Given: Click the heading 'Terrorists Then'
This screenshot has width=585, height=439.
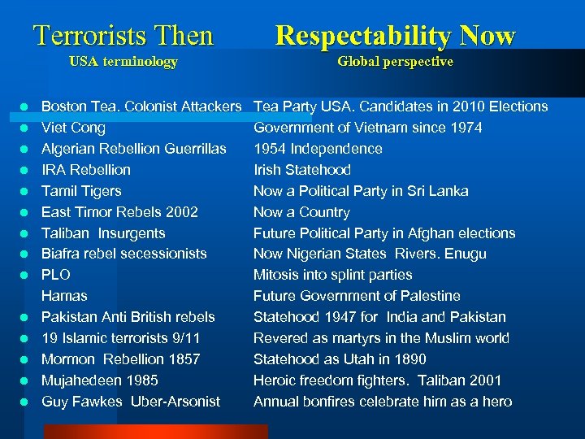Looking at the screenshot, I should point(123,36).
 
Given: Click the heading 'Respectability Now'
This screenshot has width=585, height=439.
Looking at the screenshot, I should point(395,36).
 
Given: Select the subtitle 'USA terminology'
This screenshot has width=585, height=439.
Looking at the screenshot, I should point(123,62).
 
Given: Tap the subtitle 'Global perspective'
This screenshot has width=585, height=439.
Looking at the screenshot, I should point(395,62).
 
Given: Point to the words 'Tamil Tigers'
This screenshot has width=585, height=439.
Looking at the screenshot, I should point(81,191).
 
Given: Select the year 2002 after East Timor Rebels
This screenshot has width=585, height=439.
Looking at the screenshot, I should point(180,212).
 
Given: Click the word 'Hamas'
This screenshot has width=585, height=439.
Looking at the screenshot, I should point(64,296).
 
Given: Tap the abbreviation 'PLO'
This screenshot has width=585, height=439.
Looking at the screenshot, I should point(56,275).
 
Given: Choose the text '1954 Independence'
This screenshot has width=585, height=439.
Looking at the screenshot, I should point(318,149).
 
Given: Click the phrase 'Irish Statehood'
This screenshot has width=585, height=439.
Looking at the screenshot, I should point(302,170).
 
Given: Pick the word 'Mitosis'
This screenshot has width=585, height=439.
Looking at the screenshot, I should point(276,275).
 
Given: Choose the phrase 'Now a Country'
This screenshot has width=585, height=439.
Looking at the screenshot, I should point(301,212).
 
